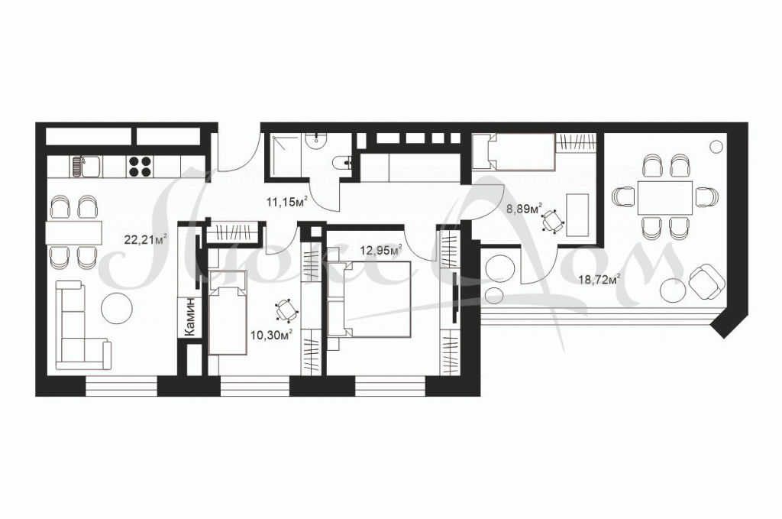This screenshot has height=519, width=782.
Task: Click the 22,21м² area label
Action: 145,239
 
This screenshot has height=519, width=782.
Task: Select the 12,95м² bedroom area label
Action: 381,249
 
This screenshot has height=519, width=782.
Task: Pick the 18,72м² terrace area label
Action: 599,280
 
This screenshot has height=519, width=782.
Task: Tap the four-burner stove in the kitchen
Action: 141,167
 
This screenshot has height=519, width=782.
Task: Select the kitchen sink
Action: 86,166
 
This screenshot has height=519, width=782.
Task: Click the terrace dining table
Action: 665,198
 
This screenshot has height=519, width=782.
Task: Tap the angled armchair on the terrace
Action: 706,282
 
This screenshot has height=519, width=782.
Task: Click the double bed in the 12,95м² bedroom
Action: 369,298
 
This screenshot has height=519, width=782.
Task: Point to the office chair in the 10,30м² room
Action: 286,310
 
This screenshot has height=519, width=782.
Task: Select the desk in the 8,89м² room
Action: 579,215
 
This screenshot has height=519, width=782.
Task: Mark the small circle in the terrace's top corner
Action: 716,147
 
